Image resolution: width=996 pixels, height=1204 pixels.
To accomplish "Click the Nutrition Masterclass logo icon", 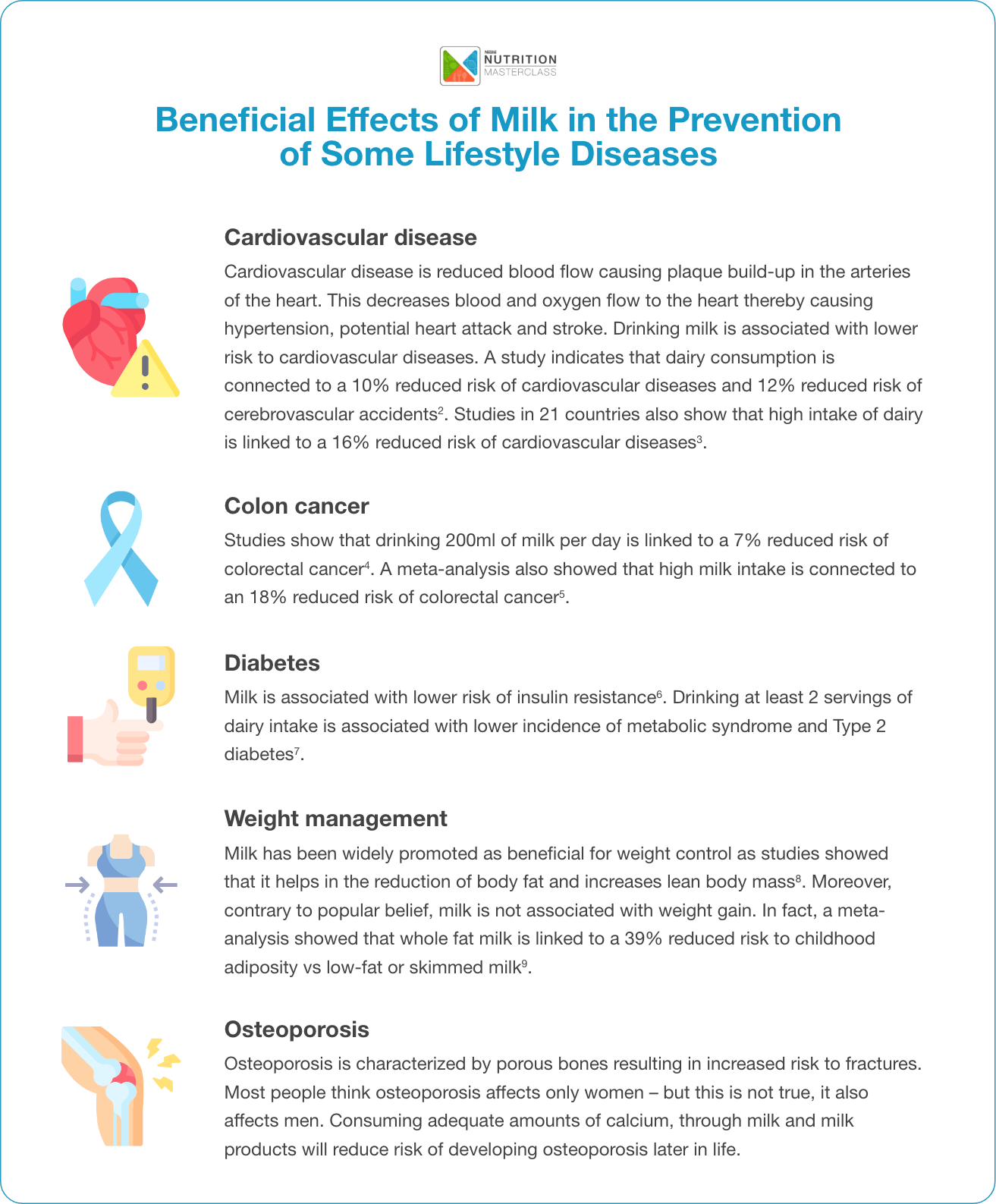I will tap(460, 65).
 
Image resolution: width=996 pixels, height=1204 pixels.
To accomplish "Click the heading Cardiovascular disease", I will tap(350, 237).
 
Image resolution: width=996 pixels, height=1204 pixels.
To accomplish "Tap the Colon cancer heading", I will tap(297, 506).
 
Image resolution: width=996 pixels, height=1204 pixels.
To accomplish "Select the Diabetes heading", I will tap(272, 663).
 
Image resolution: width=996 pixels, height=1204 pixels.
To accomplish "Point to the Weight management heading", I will tap(335, 819).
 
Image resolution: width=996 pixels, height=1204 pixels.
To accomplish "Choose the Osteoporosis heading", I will tap(297, 1030).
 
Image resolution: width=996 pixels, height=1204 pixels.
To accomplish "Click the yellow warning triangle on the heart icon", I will tap(145, 371).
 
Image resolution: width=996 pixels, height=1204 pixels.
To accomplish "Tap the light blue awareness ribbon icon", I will tap(121, 548).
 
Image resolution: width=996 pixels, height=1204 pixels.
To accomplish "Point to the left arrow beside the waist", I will tap(77, 884).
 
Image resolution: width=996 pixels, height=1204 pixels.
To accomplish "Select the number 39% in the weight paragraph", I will tap(643, 938).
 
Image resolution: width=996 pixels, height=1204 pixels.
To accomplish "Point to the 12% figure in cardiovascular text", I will tap(776, 385).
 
